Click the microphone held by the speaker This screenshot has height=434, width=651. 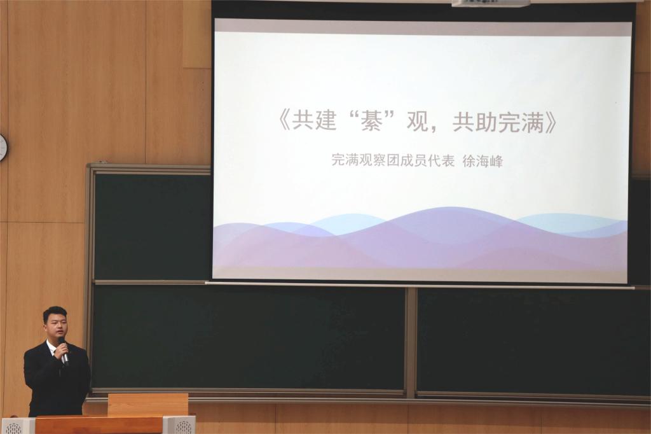[x=64, y=351]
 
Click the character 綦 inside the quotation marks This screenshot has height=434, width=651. [x=371, y=120]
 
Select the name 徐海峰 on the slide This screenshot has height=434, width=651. [x=483, y=161]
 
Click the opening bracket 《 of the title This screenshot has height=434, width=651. [x=285, y=121]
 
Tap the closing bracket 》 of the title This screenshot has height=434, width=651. [x=551, y=121]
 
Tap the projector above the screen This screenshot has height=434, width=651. [x=491, y=3]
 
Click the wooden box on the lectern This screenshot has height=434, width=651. [x=147, y=405]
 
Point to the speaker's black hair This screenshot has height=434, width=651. [x=55, y=313]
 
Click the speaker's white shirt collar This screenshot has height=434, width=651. [x=53, y=347]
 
